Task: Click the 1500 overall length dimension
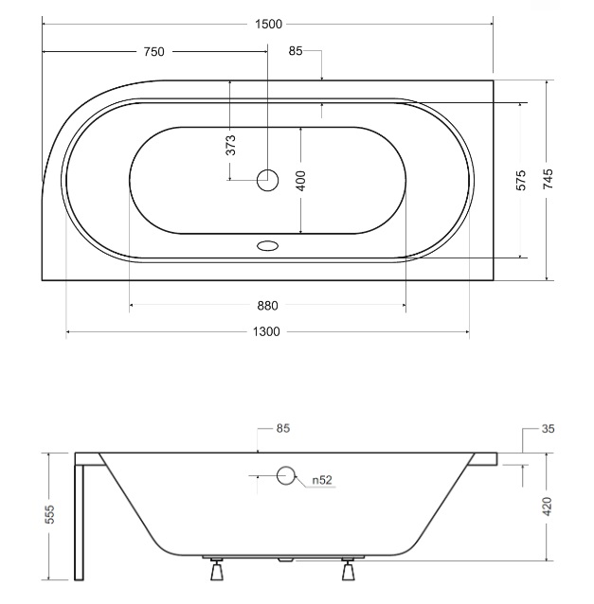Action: [x=268, y=25]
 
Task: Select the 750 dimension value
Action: [x=153, y=52]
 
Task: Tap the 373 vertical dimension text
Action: [x=230, y=145]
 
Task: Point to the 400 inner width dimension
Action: [x=301, y=181]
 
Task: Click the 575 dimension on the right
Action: [x=520, y=180]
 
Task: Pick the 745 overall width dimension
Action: [x=548, y=179]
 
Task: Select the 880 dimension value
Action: [x=267, y=306]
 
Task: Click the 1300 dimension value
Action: [x=266, y=331]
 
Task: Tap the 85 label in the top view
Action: [x=296, y=51]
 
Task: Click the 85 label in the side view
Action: [x=283, y=428]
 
